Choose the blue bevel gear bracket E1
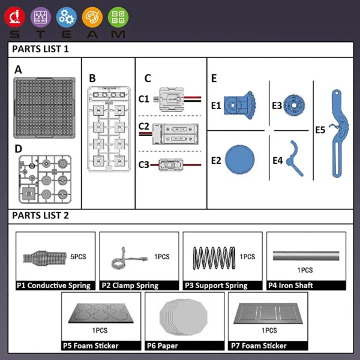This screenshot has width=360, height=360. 241,106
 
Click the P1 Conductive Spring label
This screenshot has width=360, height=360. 54,286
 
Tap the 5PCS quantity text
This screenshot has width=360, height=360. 79,256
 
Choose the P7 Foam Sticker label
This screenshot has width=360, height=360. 259,346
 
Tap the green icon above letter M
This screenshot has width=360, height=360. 118,17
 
